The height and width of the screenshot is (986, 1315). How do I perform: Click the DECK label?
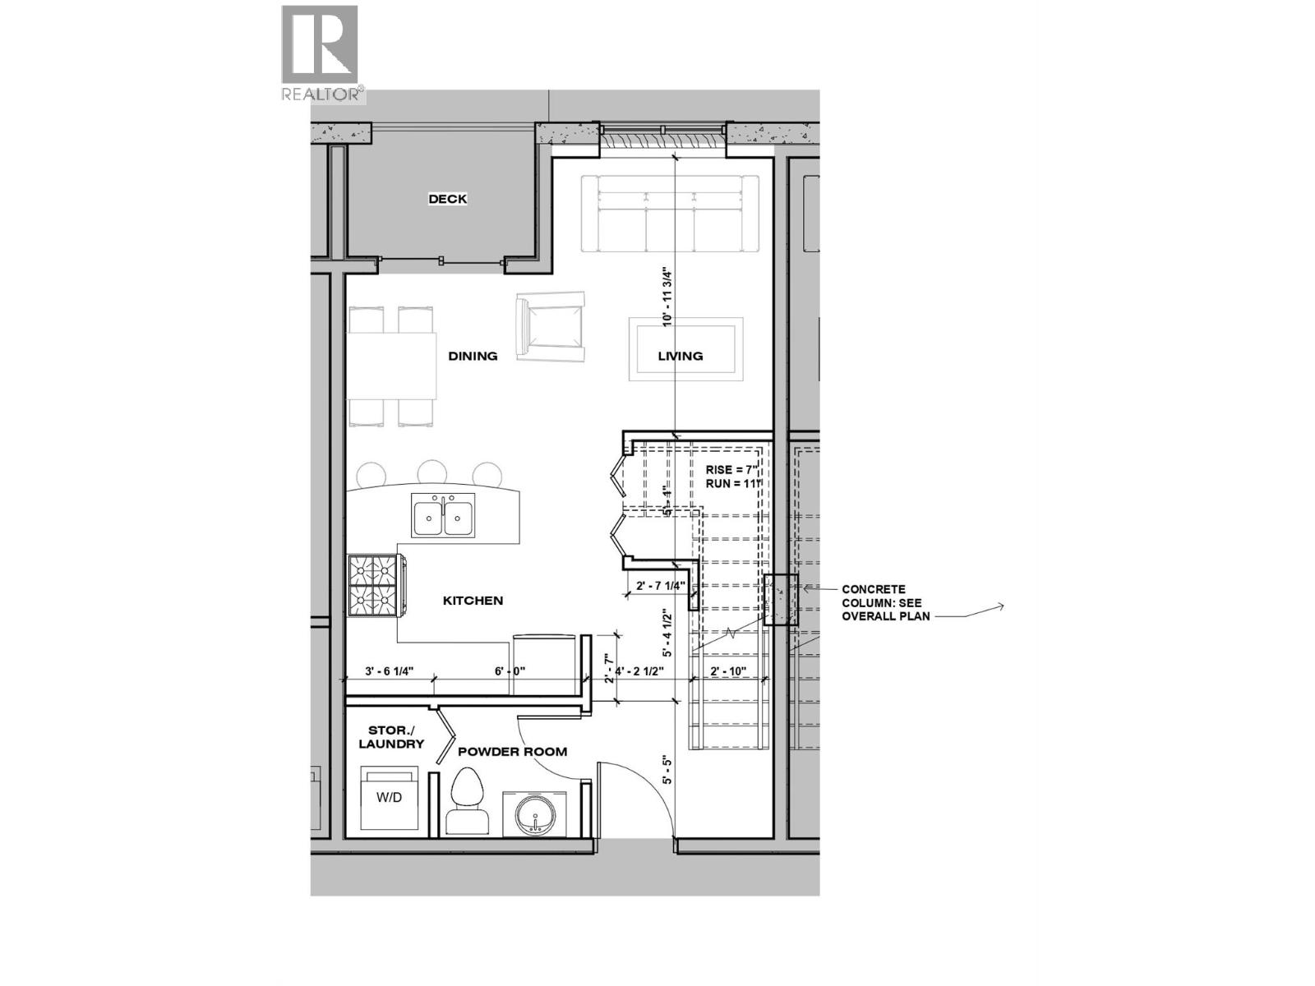[448, 199]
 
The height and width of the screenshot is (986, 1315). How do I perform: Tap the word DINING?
[473, 356]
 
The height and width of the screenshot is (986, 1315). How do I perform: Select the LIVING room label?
[680, 356]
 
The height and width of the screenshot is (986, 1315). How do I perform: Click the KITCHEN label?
[473, 601]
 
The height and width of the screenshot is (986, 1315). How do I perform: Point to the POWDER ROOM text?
[512, 751]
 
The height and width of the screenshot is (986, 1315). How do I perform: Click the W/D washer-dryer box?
[390, 799]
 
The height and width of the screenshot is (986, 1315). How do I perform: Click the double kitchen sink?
[443, 516]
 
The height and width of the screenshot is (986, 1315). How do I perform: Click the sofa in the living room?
[670, 214]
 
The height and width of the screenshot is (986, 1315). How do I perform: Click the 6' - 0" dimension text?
[510, 671]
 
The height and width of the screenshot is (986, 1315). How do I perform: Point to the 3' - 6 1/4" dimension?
[389, 671]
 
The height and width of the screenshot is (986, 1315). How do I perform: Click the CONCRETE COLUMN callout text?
[885, 602]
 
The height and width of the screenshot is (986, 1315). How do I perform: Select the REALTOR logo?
[321, 54]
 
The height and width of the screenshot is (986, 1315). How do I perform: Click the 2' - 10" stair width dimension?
[728, 671]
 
